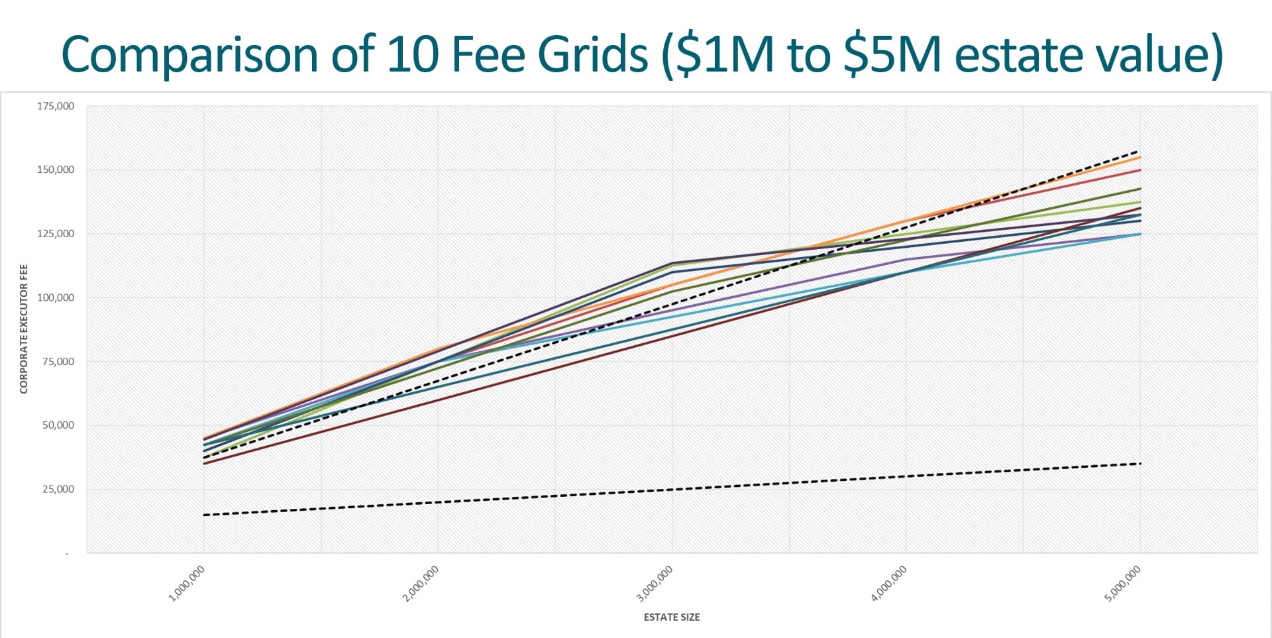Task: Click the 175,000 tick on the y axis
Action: click(x=56, y=106)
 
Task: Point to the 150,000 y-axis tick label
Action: click(x=56, y=170)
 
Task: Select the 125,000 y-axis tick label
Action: click(x=56, y=234)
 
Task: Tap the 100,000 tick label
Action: click(x=56, y=297)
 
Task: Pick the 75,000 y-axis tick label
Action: click(x=58, y=362)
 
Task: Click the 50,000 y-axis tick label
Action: click(x=58, y=425)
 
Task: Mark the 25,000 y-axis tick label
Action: click(x=58, y=490)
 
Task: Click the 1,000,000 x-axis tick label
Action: click(x=187, y=584)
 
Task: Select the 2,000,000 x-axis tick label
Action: click(x=421, y=584)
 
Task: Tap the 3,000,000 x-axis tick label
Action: click(x=655, y=584)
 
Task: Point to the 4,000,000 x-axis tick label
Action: click(x=888, y=584)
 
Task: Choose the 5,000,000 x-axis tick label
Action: click(x=1122, y=584)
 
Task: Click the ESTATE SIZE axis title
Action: click(x=672, y=617)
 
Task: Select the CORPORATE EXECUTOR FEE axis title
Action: click(x=24, y=329)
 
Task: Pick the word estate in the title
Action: click(x=1018, y=54)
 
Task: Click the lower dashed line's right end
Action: click(x=1139, y=464)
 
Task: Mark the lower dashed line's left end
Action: click(x=205, y=515)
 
